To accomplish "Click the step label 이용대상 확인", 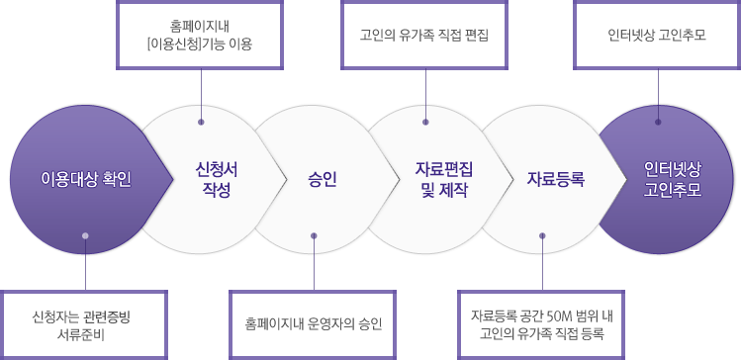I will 86,180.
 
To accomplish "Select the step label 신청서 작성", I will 217,180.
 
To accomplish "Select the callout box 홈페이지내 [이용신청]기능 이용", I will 200,34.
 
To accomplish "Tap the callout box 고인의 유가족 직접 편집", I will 425,34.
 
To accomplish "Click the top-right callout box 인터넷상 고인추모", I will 657,34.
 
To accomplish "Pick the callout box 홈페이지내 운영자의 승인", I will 314,323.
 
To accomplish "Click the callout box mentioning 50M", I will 542,323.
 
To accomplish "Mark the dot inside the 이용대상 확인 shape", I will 86,235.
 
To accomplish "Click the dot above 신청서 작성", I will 201,123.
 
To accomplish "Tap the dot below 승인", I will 314,235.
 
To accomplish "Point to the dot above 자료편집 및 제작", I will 425,123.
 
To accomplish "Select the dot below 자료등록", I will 542,235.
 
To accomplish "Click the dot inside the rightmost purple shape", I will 657,123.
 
